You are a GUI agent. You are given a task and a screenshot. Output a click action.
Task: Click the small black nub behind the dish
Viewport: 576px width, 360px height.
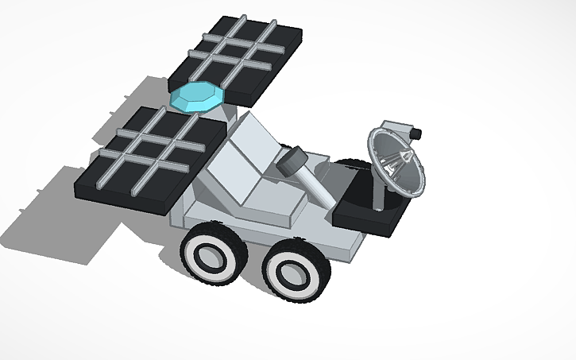[417, 131]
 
